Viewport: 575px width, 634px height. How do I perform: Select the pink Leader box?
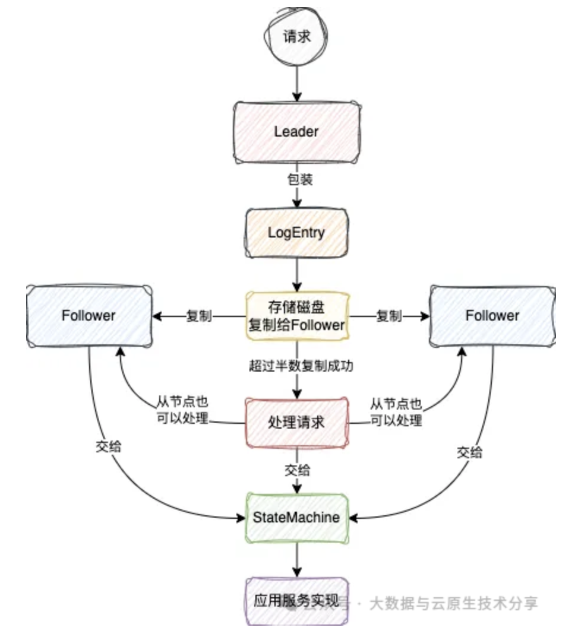296,132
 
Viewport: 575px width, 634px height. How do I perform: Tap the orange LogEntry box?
296,232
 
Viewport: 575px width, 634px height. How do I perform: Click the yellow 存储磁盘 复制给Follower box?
296,316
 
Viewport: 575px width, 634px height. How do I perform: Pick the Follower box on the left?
88,315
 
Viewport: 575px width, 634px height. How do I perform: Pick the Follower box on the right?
492,315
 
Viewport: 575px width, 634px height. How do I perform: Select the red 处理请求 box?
296,423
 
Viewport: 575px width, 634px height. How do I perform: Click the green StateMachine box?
296,517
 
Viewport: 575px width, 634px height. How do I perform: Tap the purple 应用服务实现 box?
296,601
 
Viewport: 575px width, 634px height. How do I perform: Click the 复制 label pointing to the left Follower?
199,316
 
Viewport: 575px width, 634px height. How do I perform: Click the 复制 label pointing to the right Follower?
389,316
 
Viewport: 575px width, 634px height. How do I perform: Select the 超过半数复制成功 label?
301,366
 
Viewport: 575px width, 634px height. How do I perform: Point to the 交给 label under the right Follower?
469,452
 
